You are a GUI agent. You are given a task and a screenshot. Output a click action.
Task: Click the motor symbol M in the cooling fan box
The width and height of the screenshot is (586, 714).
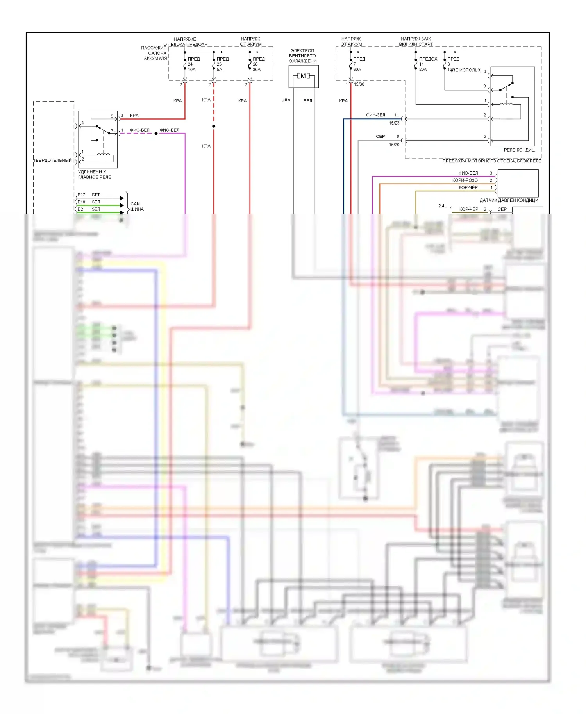coord(303,76)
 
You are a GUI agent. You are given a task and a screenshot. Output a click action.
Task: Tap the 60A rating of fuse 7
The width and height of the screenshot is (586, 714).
coord(357,70)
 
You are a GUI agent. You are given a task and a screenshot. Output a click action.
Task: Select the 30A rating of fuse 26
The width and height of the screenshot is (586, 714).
coord(257,70)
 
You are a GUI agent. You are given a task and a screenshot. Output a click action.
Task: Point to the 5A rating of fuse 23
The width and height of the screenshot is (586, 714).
coord(220,70)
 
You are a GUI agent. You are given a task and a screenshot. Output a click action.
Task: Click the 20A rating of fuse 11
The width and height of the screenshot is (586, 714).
coord(423,70)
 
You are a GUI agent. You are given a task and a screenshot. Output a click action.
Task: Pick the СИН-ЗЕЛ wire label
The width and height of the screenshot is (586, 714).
coord(375,115)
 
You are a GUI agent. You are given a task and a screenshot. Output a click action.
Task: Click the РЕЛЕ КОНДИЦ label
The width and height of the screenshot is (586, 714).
coord(519,150)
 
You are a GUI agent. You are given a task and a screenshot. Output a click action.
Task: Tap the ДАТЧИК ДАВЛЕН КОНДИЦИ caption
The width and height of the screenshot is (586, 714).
coord(509,200)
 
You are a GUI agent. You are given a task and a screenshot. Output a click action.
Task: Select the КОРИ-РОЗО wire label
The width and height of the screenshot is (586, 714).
coord(465,180)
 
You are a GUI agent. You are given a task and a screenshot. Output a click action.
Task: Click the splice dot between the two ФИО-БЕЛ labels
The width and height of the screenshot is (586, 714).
coord(156,134)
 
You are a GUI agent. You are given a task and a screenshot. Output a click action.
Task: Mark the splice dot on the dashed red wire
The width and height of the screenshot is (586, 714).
coord(214,126)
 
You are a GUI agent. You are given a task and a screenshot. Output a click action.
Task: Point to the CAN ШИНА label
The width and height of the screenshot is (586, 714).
coord(137,207)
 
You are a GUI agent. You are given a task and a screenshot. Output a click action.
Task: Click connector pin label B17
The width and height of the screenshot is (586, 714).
coord(81,195)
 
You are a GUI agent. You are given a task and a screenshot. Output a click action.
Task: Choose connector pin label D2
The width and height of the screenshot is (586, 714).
coord(80,209)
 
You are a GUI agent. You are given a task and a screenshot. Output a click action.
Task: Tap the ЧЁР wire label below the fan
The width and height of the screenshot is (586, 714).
coord(286,101)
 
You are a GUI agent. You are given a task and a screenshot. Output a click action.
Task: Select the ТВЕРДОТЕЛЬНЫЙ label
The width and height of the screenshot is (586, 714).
coord(53,161)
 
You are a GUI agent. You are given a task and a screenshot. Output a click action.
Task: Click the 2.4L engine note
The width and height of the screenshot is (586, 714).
coord(442,206)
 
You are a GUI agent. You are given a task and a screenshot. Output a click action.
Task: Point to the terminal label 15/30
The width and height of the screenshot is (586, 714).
coord(359,84)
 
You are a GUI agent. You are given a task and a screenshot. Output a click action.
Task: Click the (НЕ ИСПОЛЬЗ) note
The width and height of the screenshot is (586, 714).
coord(467,70)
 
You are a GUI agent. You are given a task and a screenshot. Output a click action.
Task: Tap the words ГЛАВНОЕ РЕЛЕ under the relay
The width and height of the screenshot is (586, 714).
coord(95,177)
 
